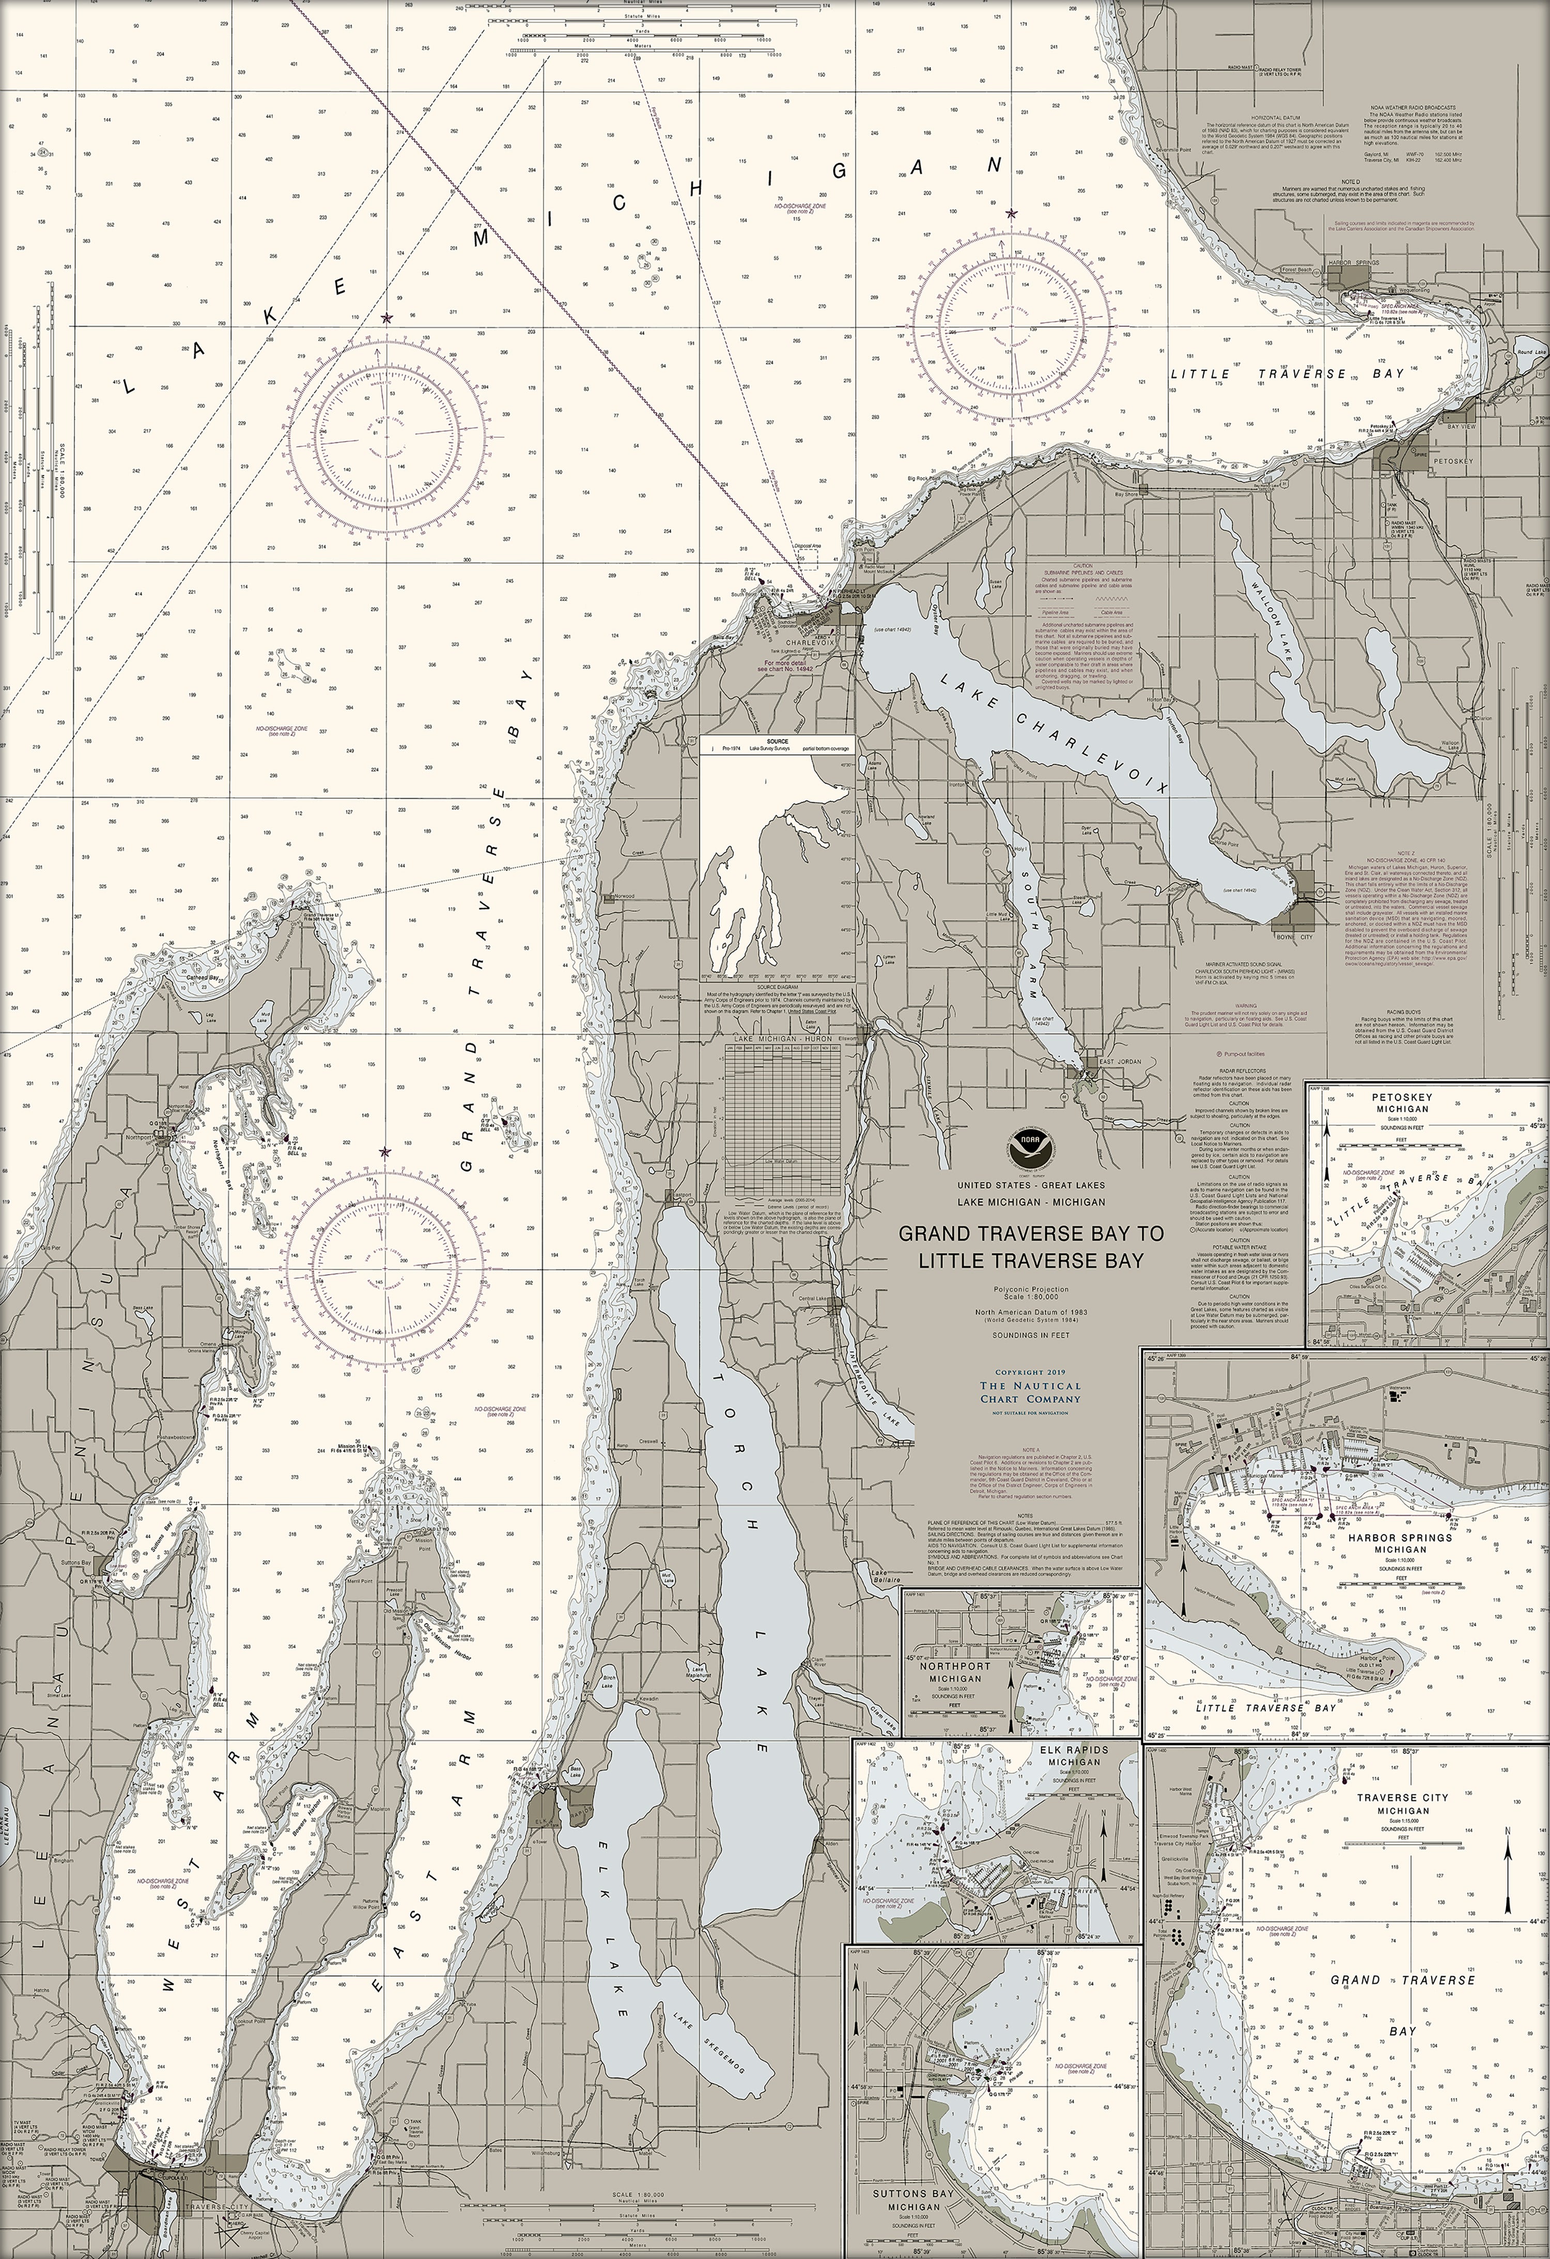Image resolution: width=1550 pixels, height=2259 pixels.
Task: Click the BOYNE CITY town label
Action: click(1293, 937)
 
